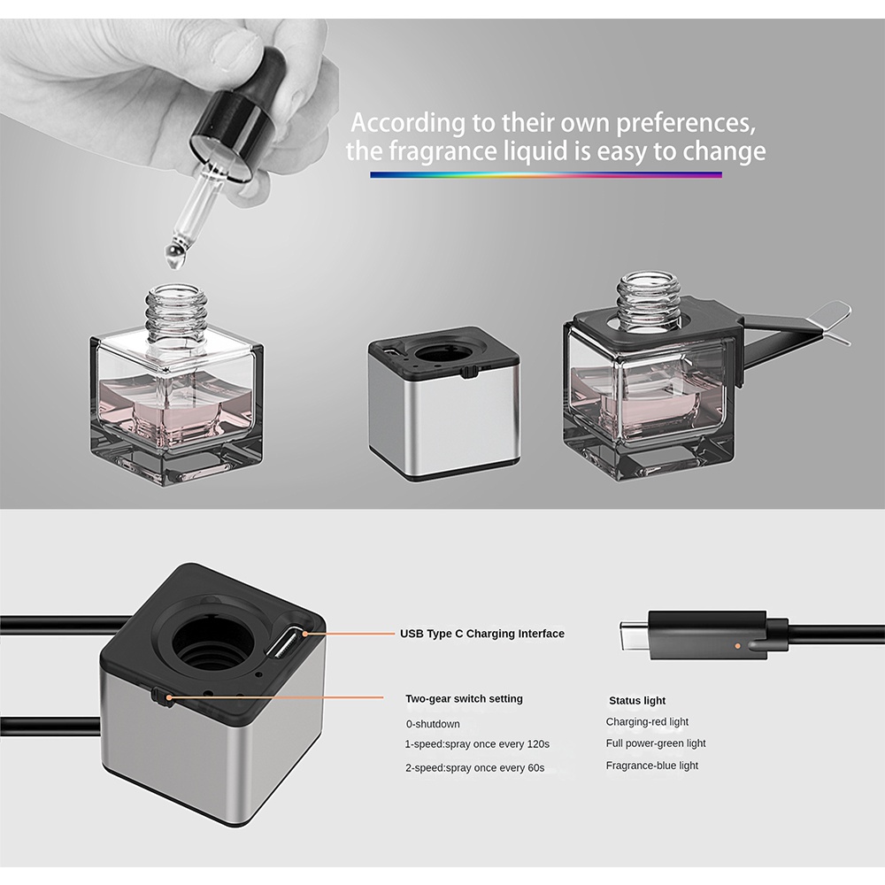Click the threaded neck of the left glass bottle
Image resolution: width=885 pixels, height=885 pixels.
pyautogui.click(x=174, y=313)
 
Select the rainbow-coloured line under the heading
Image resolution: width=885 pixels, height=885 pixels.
pyautogui.click(x=546, y=175)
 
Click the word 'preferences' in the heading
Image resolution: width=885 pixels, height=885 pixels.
pyautogui.click(x=685, y=123)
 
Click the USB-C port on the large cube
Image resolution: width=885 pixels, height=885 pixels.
pyautogui.click(x=288, y=642)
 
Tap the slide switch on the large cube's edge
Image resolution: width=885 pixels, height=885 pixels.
pyautogui.click(x=161, y=697)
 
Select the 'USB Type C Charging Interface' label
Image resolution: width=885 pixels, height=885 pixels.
pyautogui.click(x=482, y=634)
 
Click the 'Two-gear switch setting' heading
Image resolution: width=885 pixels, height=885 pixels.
pyautogui.click(x=464, y=699)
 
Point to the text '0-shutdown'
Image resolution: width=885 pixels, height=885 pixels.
pyautogui.click(x=433, y=724)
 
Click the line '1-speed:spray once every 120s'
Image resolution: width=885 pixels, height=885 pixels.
pyautogui.click(x=477, y=744)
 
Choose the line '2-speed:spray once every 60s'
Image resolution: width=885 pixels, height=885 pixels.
pyautogui.click(x=474, y=768)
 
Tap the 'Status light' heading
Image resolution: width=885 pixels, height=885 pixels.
pyautogui.click(x=637, y=700)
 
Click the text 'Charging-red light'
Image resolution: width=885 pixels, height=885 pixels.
pyautogui.click(x=647, y=722)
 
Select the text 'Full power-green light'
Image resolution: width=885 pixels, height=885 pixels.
pyautogui.click(x=655, y=743)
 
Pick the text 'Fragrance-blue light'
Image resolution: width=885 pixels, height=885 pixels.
pyautogui.click(x=652, y=766)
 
